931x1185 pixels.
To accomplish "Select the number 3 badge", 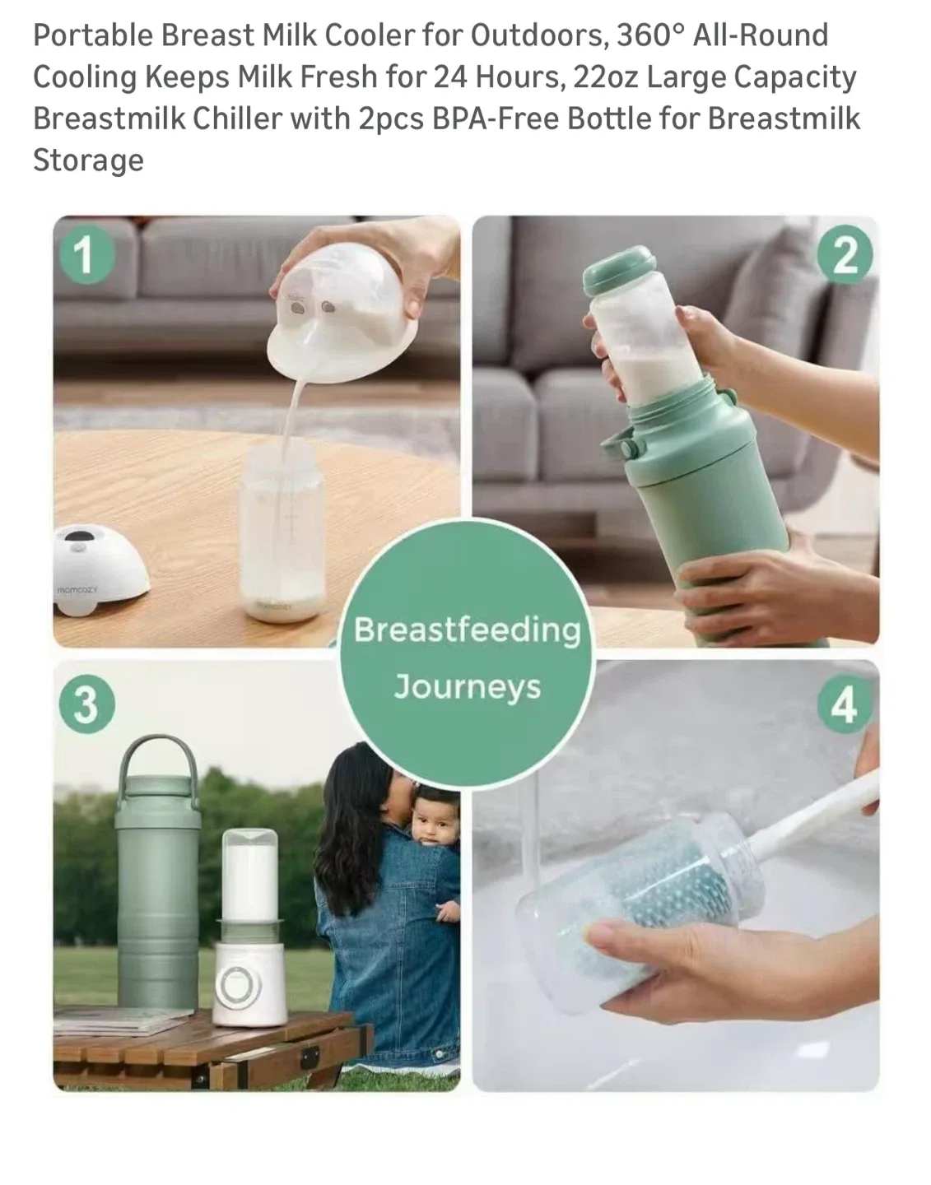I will pos(85,704).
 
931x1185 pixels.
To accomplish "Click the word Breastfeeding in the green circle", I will pos(467,630).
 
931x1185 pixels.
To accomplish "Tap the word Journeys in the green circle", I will pos(467,686).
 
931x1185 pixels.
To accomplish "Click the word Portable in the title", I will pos(93,35).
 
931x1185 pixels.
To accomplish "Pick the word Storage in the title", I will pos(88,160).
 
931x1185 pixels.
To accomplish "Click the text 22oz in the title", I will pos(605,77).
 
